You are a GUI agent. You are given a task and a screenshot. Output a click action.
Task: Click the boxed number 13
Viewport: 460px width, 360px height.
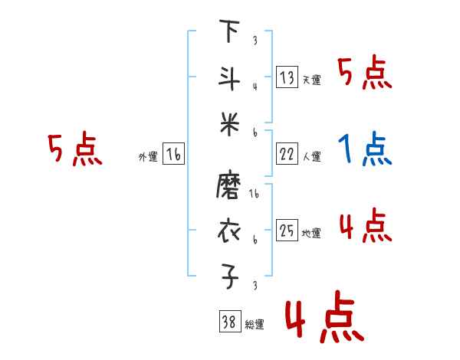tap(287, 77)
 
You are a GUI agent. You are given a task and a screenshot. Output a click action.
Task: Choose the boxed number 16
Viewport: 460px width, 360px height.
tap(173, 155)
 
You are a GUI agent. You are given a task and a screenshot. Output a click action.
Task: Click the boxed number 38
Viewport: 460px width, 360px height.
tap(228, 322)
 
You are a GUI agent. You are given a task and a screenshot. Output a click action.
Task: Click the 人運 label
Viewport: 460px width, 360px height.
tap(312, 157)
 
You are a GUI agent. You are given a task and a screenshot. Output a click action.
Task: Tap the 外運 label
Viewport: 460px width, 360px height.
tap(147, 157)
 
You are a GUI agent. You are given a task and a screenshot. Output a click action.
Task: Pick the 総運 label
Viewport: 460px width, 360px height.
tap(255, 325)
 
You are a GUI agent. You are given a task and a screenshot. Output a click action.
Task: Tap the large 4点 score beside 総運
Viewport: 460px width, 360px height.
tap(323, 318)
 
